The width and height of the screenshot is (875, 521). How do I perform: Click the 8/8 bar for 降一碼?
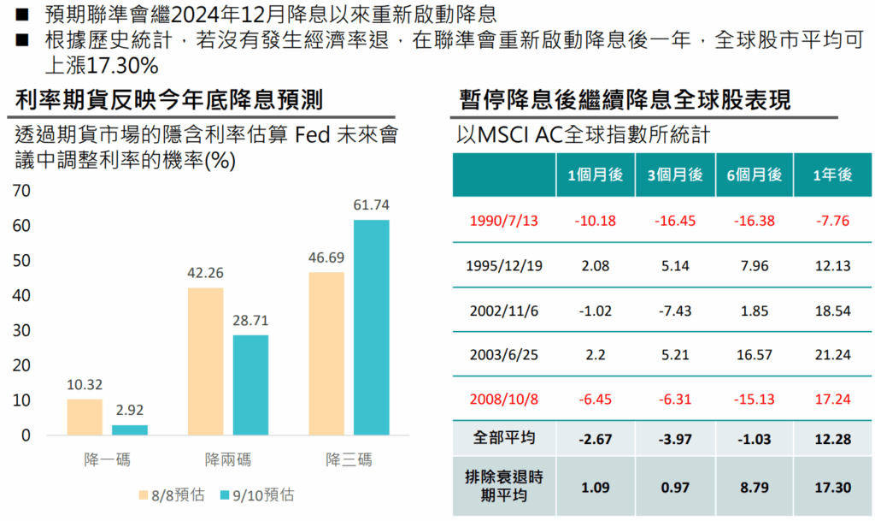pyautogui.click(x=85, y=417)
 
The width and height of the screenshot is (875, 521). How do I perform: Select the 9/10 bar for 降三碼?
pyautogui.click(x=371, y=328)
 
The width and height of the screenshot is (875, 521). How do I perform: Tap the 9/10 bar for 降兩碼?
pyautogui.click(x=250, y=385)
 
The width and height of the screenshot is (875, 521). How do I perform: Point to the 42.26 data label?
pyautogui.click(x=205, y=274)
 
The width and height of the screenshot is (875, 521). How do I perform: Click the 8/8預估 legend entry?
pyautogui.click(x=171, y=494)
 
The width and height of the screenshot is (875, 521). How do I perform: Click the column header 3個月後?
pyautogui.click(x=675, y=175)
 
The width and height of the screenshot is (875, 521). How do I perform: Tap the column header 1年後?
pyautogui.click(x=832, y=175)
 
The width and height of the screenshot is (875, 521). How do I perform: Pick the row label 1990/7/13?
pyautogui.click(x=504, y=221)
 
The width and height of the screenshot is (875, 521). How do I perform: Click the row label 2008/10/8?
pyautogui.click(x=504, y=400)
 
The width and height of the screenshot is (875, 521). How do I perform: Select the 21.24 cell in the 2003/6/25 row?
pyautogui.click(x=832, y=355)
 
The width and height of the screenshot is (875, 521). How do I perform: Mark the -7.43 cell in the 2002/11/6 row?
pyautogui.click(x=675, y=311)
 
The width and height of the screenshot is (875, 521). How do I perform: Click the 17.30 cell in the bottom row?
pyautogui.click(x=832, y=488)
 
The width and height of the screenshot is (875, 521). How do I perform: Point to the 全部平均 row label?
pyautogui.click(x=504, y=438)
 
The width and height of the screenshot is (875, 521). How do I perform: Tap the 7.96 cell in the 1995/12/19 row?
pyautogui.click(x=754, y=266)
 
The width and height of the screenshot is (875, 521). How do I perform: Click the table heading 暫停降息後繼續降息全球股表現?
pyautogui.click(x=625, y=99)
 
